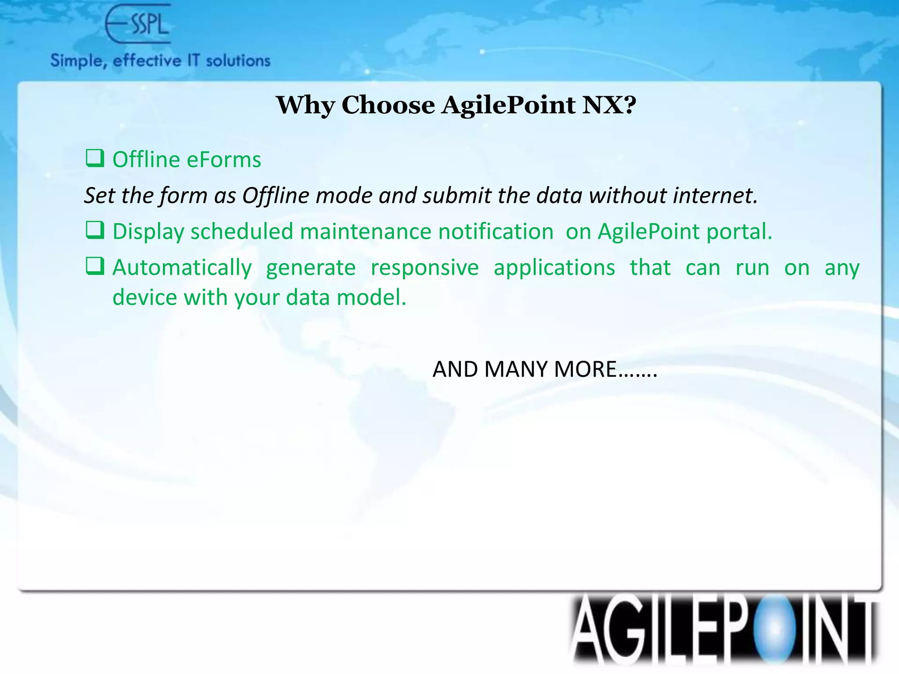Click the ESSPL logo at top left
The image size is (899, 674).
pyautogui.click(x=138, y=24)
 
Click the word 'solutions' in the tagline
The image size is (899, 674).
pyautogui.click(x=238, y=61)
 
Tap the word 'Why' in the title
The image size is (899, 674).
pyautogui.click(x=306, y=106)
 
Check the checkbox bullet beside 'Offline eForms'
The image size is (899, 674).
pyautogui.click(x=95, y=158)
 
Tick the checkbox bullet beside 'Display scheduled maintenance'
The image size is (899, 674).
pyautogui.click(x=95, y=230)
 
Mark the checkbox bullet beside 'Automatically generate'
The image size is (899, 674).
pyautogui.click(x=95, y=266)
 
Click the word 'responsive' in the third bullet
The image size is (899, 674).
pyautogui.click(x=424, y=267)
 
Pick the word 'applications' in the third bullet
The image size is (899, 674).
pyautogui.click(x=554, y=267)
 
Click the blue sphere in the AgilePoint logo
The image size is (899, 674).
pyautogui.click(x=774, y=629)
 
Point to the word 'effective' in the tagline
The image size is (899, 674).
pyautogui.click(x=147, y=61)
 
